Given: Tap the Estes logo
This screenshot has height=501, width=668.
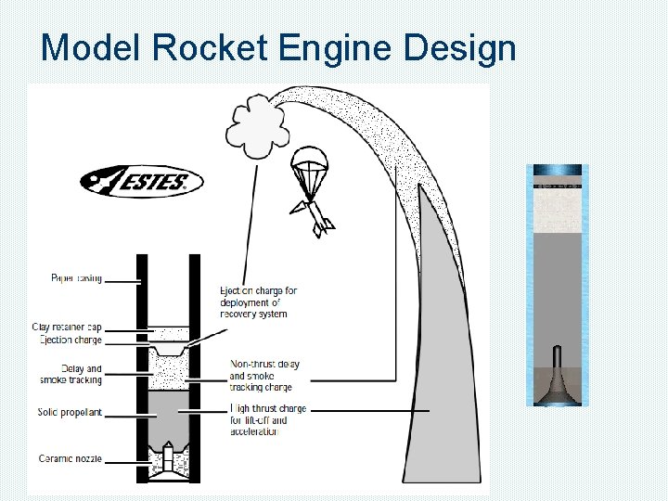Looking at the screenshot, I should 141,181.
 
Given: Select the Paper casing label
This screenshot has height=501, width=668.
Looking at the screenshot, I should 76,277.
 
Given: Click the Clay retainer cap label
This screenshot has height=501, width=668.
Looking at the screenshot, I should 67,328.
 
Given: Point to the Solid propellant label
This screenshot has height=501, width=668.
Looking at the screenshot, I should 71,412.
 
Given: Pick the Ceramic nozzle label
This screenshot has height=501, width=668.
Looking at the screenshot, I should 71,458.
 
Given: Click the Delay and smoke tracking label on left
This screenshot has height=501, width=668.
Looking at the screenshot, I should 71,374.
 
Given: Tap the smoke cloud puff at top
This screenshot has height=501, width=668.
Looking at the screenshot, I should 259,128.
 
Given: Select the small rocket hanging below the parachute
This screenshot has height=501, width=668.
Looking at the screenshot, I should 315,217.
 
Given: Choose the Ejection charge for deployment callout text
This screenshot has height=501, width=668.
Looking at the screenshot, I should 257,302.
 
